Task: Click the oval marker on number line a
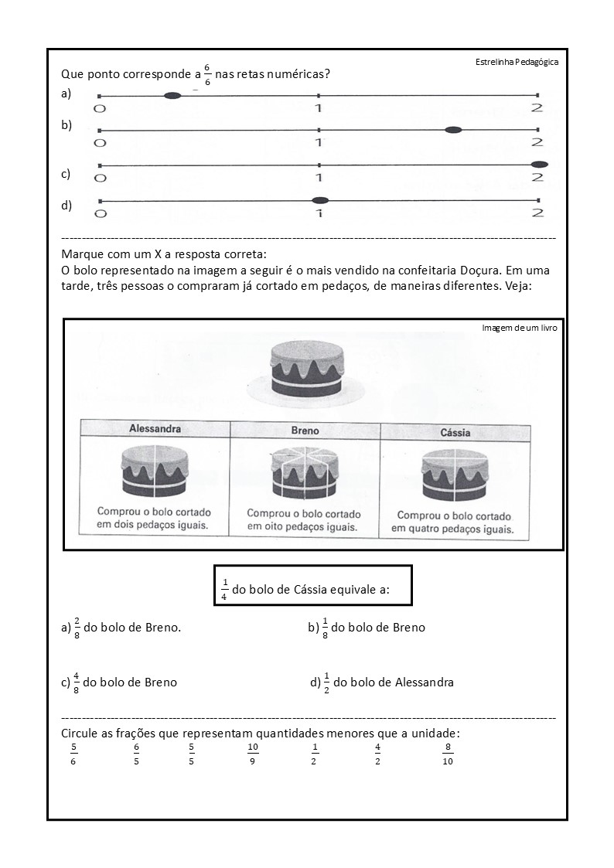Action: point(172,95)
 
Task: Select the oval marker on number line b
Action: point(453,130)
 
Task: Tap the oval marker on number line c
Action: point(540,164)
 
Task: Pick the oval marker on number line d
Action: point(319,200)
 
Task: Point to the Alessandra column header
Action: point(155,428)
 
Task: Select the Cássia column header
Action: point(455,433)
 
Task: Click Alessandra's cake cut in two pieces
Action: point(155,471)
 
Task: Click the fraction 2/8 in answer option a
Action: point(77,627)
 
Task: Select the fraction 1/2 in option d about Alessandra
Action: point(326,682)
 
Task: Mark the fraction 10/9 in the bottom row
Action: point(253,754)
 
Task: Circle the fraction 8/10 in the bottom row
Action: point(447,754)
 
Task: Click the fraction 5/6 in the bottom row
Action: point(73,754)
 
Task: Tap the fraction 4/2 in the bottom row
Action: point(377,754)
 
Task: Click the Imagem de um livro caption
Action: point(519,328)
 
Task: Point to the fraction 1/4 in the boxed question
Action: point(224,590)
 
